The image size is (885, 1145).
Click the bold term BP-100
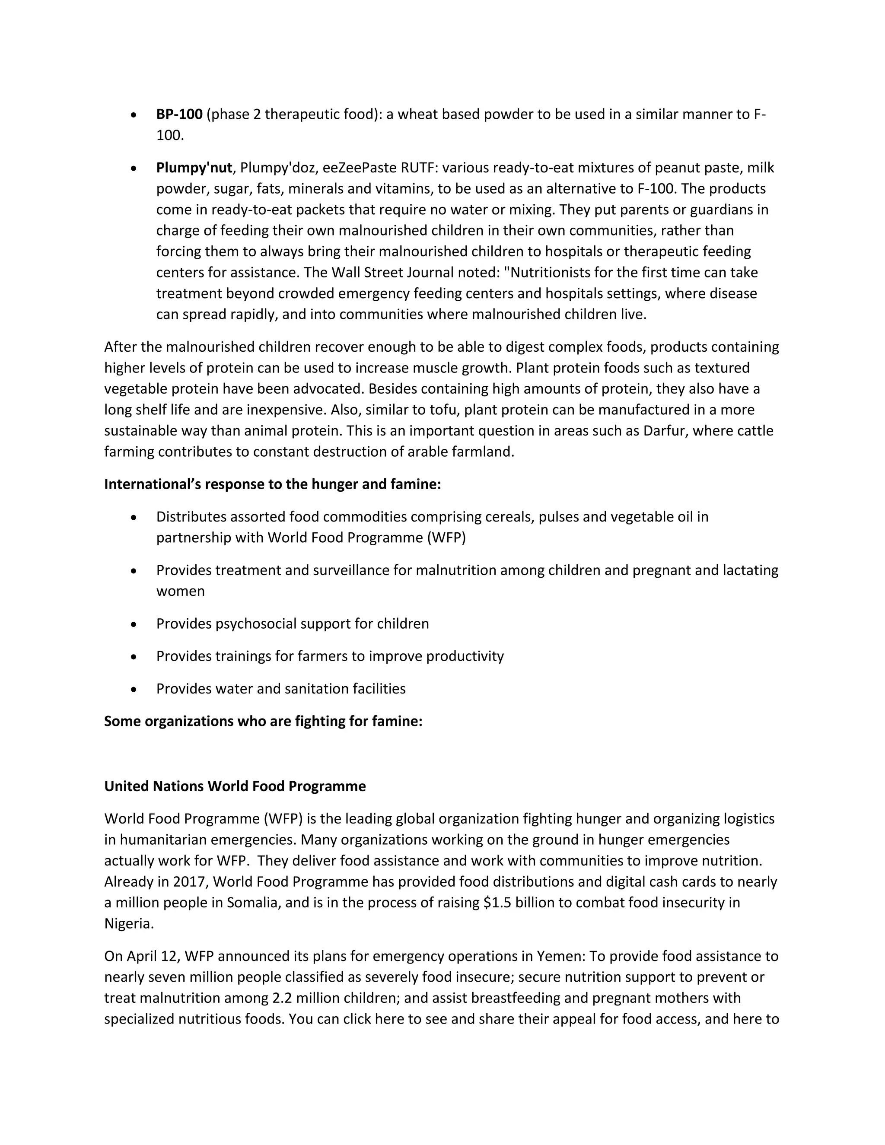[179, 114]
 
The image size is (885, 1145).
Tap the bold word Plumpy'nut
[194, 168]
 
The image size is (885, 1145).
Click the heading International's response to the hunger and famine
[272, 484]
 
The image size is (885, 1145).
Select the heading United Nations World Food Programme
[235, 786]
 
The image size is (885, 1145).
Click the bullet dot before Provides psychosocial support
[134, 624]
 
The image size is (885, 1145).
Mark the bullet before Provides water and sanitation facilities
[134, 689]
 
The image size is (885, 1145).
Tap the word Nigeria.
[128, 923]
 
